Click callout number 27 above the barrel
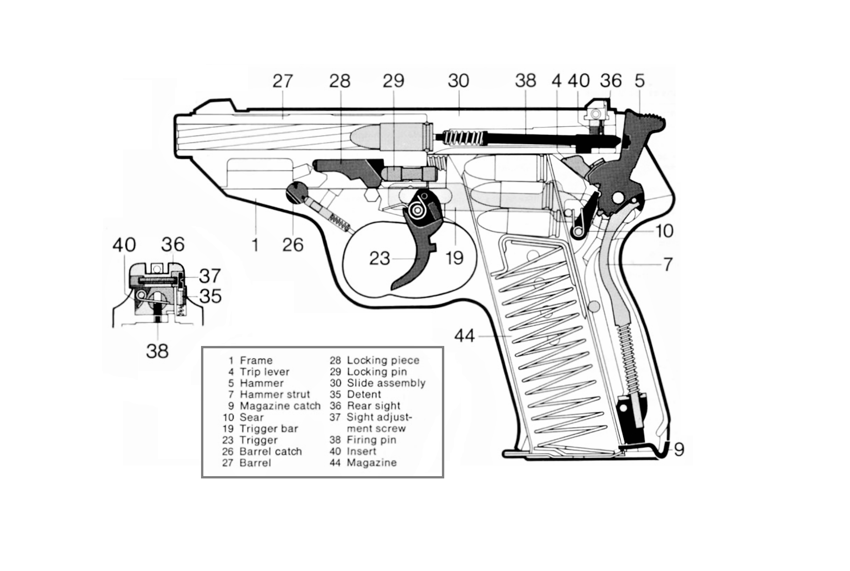click(282, 81)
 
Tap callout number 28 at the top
click(339, 81)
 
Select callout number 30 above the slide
click(458, 81)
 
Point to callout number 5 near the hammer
click(639, 81)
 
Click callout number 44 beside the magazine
click(464, 336)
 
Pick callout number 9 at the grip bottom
click(679, 449)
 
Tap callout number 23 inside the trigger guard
click(379, 258)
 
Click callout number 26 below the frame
click(293, 245)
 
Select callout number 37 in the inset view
click(210, 276)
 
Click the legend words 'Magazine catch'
click(280, 406)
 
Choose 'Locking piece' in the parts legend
click(383, 361)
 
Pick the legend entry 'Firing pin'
click(371, 440)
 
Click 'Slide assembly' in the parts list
click(386, 383)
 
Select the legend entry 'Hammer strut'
click(275, 395)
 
